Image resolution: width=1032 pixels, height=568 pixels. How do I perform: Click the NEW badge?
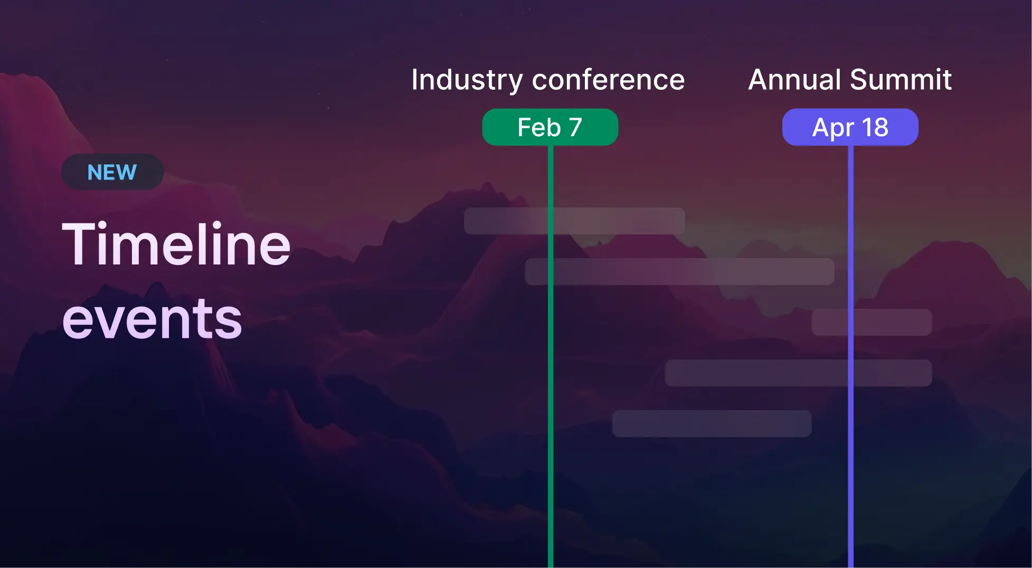(112, 172)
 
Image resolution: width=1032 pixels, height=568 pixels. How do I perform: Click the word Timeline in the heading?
(176, 244)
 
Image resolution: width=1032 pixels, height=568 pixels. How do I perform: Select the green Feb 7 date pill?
(550, 127)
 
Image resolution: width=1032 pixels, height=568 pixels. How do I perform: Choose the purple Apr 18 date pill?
(850, 127)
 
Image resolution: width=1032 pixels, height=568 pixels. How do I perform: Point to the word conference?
(608, 80)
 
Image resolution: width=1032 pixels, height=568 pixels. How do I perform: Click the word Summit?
(901, 80)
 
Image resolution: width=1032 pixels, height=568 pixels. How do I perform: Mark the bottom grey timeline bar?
(712, 423)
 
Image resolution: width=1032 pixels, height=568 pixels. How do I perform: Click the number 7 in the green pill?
(575, 127)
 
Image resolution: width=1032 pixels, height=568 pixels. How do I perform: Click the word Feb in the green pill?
(538, 127)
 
